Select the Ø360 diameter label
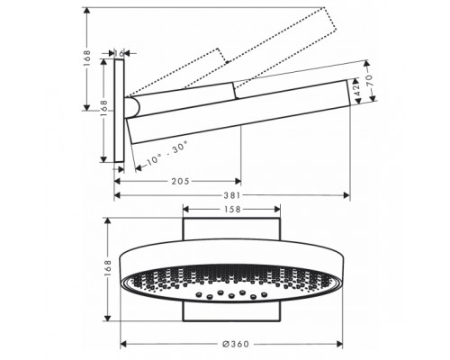pos(232,344)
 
